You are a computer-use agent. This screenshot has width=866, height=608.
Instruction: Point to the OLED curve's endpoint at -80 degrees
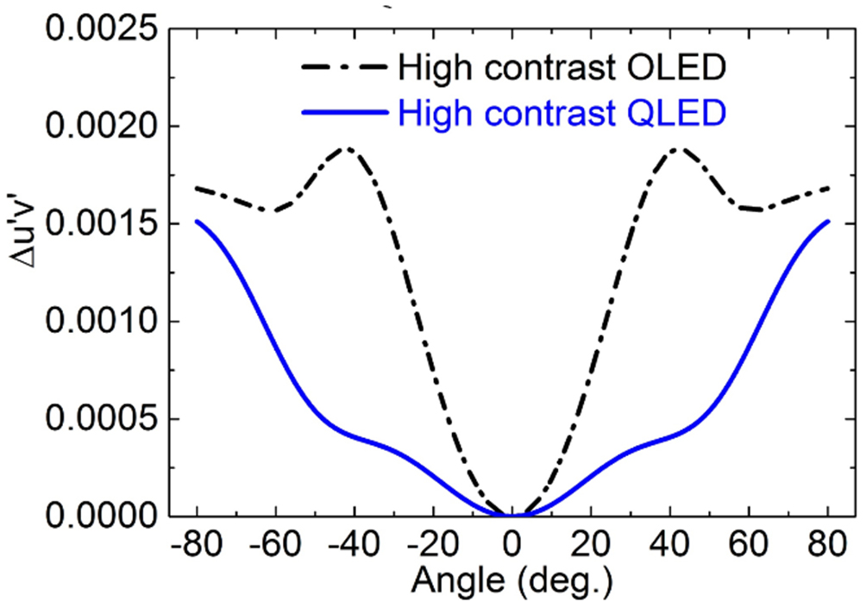point(198,187)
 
